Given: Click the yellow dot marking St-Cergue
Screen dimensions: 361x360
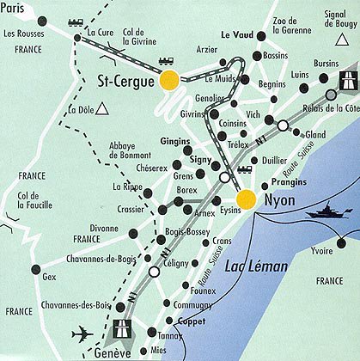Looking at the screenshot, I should (x=169, y=81).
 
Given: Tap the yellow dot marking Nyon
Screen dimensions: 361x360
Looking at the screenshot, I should (x=246, y=199).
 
